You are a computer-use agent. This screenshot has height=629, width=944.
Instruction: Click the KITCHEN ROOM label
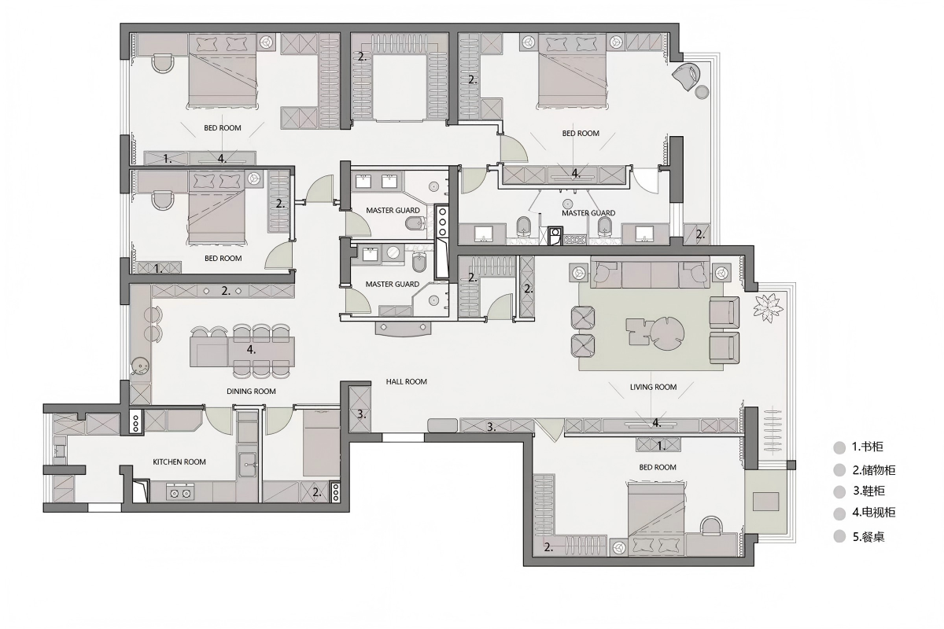[x=179, y=462]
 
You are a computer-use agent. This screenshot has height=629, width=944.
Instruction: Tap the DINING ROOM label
[x=251, y=391]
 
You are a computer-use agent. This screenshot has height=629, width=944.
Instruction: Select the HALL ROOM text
[x=406, y=381]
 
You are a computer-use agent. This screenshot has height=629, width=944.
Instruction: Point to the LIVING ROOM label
[x=653, y=387]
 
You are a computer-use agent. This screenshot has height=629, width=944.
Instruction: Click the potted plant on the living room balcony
[x=769, y=307]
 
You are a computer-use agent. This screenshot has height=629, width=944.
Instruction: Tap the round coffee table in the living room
[x=668, y=333]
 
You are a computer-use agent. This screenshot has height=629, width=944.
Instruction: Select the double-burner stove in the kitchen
[x=180, y=492]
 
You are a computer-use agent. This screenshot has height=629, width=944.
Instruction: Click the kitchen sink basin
[x=247, y=464]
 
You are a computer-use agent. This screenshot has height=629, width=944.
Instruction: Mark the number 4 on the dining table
[x=251, y=350]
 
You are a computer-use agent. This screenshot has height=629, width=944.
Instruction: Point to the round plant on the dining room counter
[x=139, y=366]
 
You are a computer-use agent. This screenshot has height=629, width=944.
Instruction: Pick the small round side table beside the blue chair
[x=702, y=92]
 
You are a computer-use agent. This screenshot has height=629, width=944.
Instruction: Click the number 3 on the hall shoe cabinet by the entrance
[x=492, y=427]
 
